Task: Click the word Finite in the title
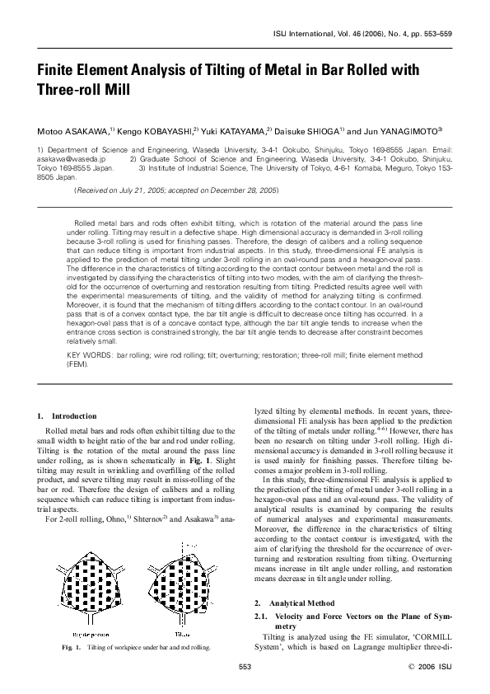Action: pos(57,72)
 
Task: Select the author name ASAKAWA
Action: pos(84,130)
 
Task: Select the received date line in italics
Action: pos(176,190)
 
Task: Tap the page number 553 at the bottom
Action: pos(245,667)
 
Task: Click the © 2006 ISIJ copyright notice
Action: pos(431,667)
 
